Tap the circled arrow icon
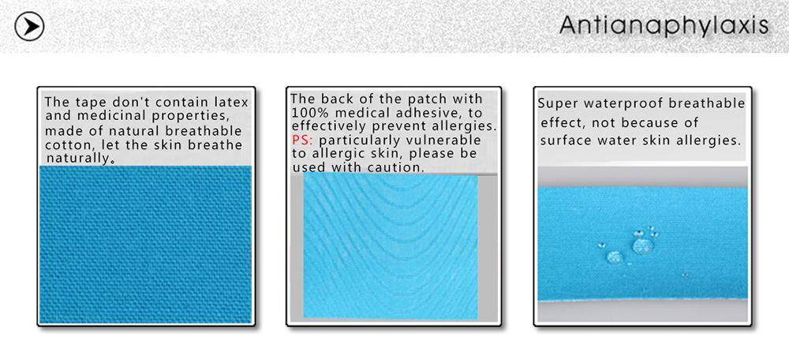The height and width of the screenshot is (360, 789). coord(29,26)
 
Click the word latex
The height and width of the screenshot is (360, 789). coord(230,102)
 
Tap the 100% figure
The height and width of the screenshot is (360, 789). coord(307,112)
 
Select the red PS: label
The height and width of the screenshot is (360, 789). coord(302,140)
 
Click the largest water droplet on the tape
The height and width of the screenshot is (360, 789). coord(643,246)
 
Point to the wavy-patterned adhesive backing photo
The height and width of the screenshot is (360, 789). coord(391,246)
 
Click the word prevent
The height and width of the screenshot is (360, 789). coord(392,126)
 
